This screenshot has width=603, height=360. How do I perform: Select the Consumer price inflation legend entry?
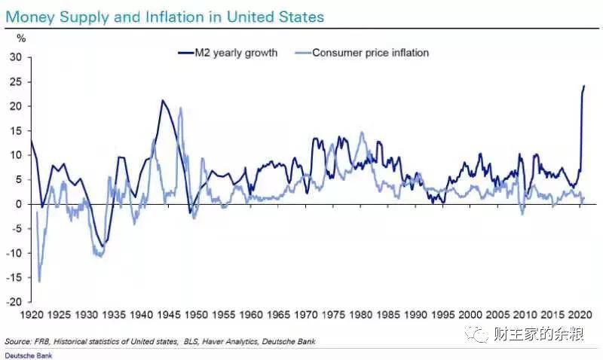(x=369, y=53)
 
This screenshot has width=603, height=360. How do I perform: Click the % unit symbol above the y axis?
(x=20, y=37)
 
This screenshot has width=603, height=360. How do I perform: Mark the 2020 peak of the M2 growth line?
(x=584, y=86)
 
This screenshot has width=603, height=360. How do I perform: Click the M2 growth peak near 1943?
(x=161, y=100)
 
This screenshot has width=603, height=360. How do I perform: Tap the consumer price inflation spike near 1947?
(x=181, y=108)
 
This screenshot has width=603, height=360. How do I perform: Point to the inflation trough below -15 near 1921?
(x=39, y=281)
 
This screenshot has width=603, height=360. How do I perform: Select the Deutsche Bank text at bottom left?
(x=23, y=355)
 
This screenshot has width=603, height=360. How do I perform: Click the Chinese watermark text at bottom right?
(x=538, y=334)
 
